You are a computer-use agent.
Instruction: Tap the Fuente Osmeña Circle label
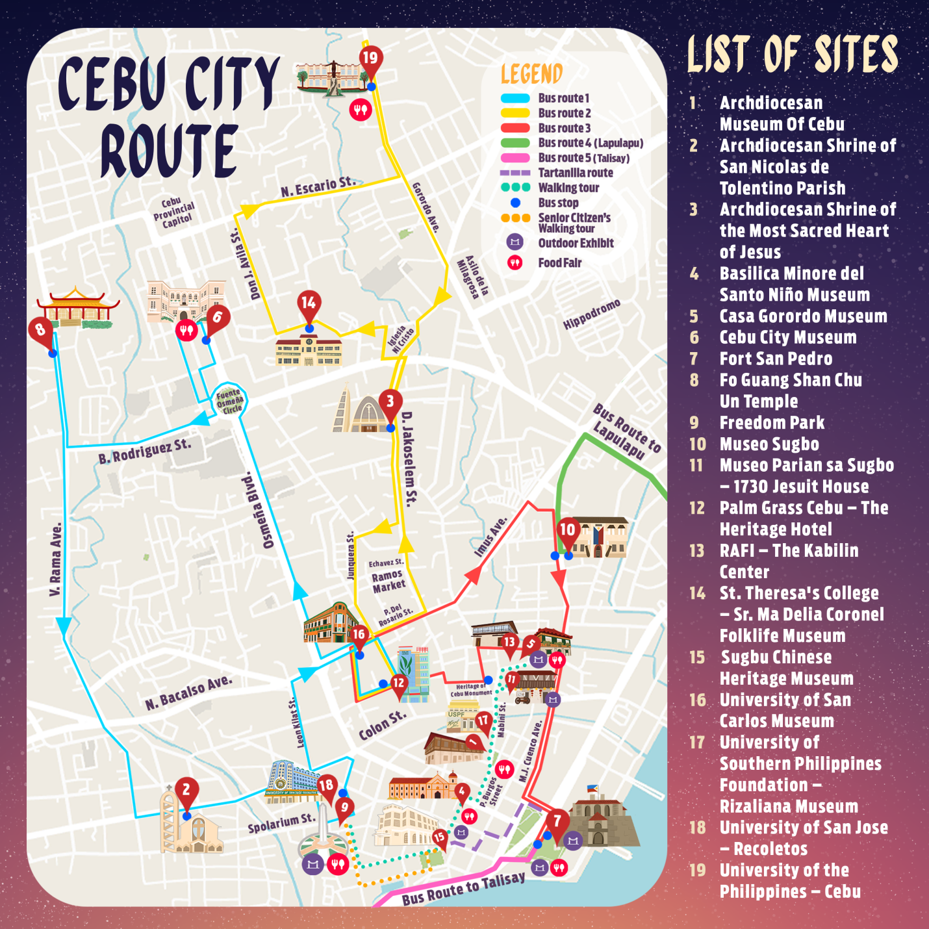(x=229, y=401)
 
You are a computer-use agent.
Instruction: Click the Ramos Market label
(x=388, y=580)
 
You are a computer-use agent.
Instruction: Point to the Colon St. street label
(x=383, y=725)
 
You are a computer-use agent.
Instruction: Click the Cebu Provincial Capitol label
(x=174, y=212)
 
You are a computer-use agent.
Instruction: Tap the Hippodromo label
(x=591, y=314)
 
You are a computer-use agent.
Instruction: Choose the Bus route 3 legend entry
(x=564, y=128)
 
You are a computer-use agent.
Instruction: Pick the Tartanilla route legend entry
(x=575, y=173)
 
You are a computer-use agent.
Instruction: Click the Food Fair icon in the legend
(x=515, y=263)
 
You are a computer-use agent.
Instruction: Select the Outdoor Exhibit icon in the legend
(x=515, y=242)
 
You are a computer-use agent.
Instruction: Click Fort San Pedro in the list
(x=776, y=359)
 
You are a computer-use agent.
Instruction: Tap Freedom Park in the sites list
(x=772, y=423)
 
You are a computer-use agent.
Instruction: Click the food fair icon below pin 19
(x=360, y=109)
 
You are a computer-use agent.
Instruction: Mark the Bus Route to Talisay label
(x=463, y=888)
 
